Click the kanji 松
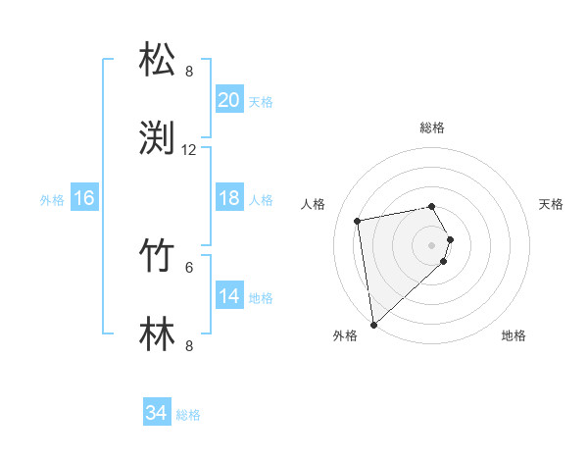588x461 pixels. [159, 60]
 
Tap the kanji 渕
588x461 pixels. [159, 137]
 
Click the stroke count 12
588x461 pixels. [189, 150]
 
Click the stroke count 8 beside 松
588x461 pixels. [189, 72]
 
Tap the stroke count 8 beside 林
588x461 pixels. [189, 345]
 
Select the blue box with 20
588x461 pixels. [228, 99]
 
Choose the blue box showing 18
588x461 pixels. [228, 198]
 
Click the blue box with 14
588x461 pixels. [228, 296]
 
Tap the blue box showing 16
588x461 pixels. [83, 198]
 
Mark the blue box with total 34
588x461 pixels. [156, 413]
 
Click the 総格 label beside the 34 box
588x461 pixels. [188, 415]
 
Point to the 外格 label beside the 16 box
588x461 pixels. [52, 200]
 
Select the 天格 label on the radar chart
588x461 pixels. [551, 204]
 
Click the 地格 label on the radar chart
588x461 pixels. [514, 335]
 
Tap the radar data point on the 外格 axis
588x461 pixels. [373, 324]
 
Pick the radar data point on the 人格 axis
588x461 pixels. [358, 220]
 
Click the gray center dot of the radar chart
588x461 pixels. [431, 243]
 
